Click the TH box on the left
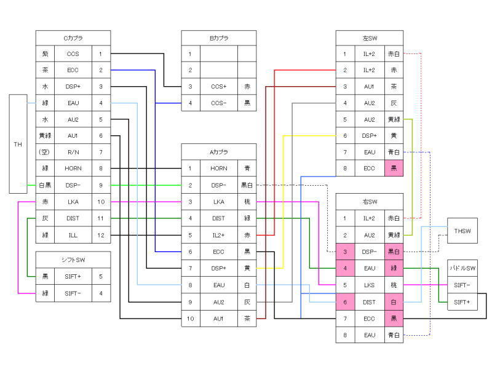coord(18,144)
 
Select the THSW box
coord(462,231)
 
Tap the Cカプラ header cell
coord(73,38)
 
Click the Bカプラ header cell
coord(219,38)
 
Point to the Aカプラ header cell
coord(219,151)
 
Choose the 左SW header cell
coord(369,38)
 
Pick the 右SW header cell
coord(369,201)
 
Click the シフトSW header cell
coord(73,260)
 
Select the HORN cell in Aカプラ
coord(219,168)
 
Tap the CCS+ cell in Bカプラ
coord(219,87)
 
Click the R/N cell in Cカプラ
coord(73,151)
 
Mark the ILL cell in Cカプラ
coord(73,234)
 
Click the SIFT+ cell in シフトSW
coord(73,276)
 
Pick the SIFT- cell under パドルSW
coord(462,285)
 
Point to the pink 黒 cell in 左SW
coord(394,168)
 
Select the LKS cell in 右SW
coord(369,285)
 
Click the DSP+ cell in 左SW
coord(369,135)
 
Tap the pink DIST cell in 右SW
coord(369,301)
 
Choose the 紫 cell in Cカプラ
coord(45,54)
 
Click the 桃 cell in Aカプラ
coord(246,201)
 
